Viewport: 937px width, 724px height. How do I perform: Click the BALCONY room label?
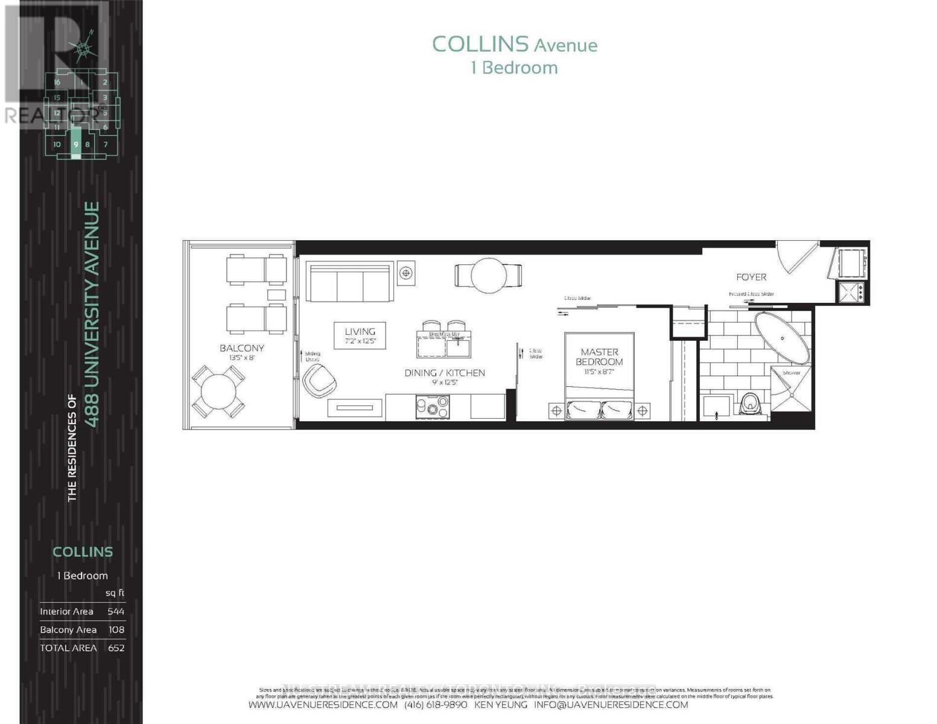241,348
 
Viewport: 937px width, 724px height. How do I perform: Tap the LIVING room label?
360,331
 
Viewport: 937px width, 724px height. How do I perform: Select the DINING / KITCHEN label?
444,373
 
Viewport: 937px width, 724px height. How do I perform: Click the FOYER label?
751,277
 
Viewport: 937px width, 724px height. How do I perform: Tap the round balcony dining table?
218,392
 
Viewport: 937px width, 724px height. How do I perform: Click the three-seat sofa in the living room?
349,282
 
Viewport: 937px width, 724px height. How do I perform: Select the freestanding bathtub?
782,338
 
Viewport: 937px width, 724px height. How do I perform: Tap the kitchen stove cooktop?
433,407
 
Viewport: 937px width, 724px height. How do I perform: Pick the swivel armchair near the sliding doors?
319,381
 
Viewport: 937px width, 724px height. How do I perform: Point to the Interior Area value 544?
116,611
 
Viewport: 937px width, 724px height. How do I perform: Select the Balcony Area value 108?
116,629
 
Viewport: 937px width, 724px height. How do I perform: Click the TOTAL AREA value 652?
116,647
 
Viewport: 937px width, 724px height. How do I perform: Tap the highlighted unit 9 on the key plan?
75,145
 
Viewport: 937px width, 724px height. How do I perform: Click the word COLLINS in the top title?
480,44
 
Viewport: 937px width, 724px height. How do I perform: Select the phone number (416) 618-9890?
436,705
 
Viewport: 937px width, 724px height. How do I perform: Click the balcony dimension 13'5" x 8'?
241,358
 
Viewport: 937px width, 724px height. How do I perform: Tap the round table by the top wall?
488,276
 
